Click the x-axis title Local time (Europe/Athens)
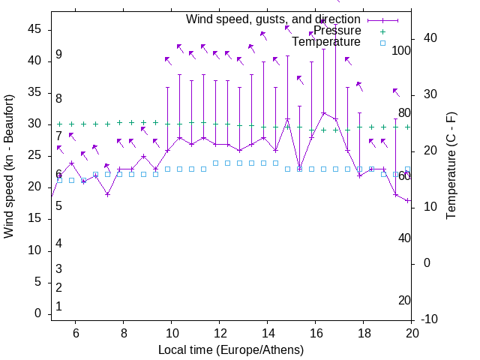[x=231, y=350]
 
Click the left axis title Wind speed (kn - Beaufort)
[x=9, y=166]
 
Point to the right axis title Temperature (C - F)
[x=451, y=166]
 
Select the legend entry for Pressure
[x=337, y=31]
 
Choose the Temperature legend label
[x=326, y=43]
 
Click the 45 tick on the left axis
[x=34, y=29]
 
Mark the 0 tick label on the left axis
[x=37, y=313]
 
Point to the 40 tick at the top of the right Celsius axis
[x=427, y=38]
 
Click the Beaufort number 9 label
[x=58, y=55]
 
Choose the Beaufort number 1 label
[x=58, y=307]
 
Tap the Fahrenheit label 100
[x=402, y=50]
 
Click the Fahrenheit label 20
[x=404, y=300]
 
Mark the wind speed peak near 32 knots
[x=323, y=113]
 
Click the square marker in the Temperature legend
[x=382, y=43]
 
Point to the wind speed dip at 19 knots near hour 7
[x=107, y=194]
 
